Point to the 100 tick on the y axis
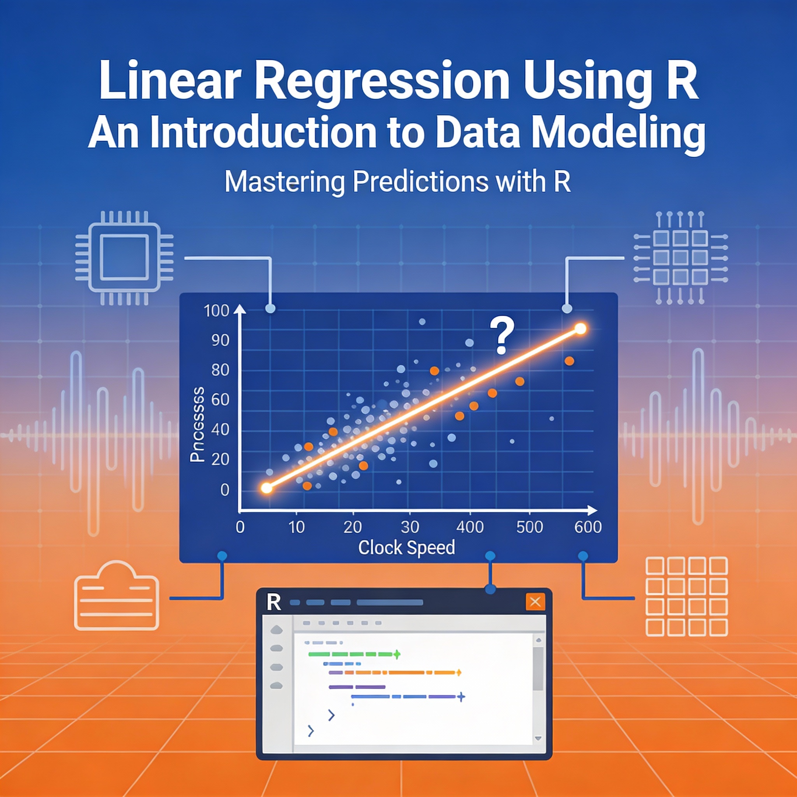pos(217,311)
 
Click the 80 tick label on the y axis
pos(220,370)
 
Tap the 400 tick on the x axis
pos(470,527)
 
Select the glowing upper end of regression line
pos(580,329)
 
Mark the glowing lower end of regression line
pos(267,488)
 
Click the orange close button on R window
pos(535,602)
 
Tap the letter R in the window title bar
pos(274,603)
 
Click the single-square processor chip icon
pos(124,258)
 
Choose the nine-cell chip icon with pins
pos(680,258)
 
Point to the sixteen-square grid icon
pos(686,597)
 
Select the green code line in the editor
pos(353,654)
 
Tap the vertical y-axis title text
pos(198,425)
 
